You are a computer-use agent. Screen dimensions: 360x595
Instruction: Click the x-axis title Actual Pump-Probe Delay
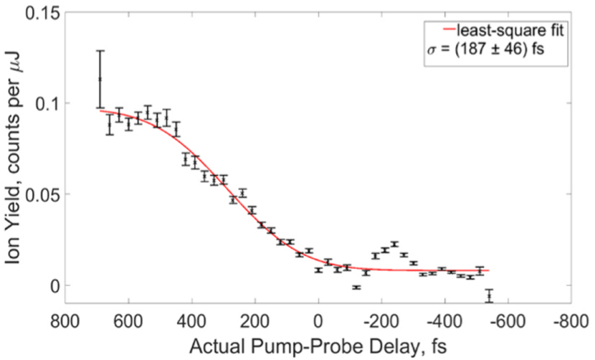pos(318,346)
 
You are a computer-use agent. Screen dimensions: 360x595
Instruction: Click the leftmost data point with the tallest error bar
pos(100,79)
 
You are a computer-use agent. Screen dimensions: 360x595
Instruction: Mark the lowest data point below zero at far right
pos(490,295)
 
